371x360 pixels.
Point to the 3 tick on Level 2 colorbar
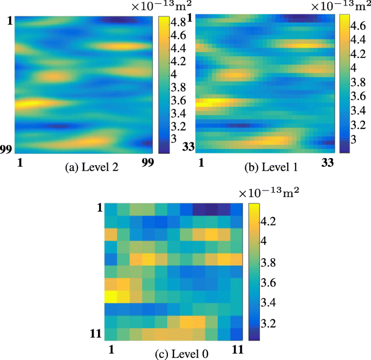click(x=176, y=139)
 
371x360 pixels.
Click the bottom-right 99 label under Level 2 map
click(x=147, y=162)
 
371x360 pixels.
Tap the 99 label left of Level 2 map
click(x=6, y=149)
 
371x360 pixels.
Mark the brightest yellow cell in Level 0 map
click(x=110, y=296)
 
